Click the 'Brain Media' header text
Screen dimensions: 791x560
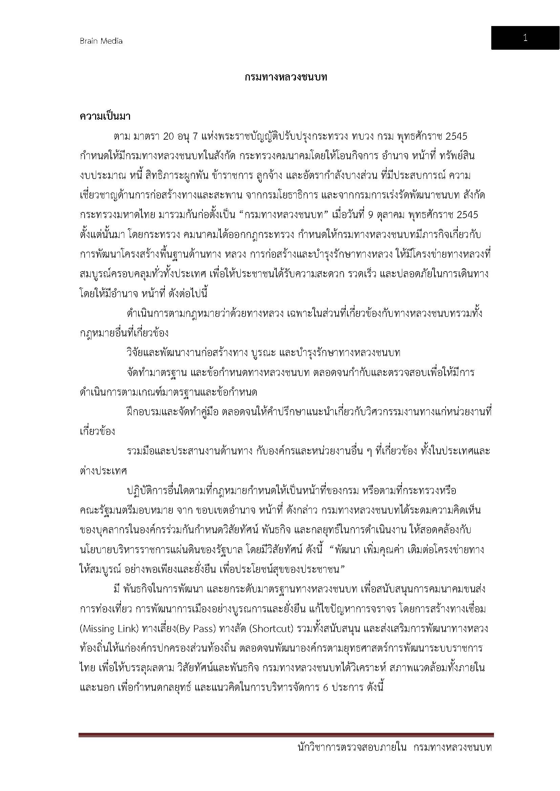pyautogui.click(x=101, y=41)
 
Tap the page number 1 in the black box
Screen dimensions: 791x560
pyautogui.click(x=525, y=38)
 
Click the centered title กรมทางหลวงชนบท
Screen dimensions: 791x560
pyautogui.click(x=286, y=77)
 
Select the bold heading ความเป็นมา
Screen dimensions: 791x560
pyautogui.click(x=105, y=116)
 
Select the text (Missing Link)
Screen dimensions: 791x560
pyautogui.click(x=109, y=629)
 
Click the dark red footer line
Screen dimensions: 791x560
pyautogui.click(x=286, y=735)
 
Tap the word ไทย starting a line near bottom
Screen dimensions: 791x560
pyautogui.click(x=87, y=668)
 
